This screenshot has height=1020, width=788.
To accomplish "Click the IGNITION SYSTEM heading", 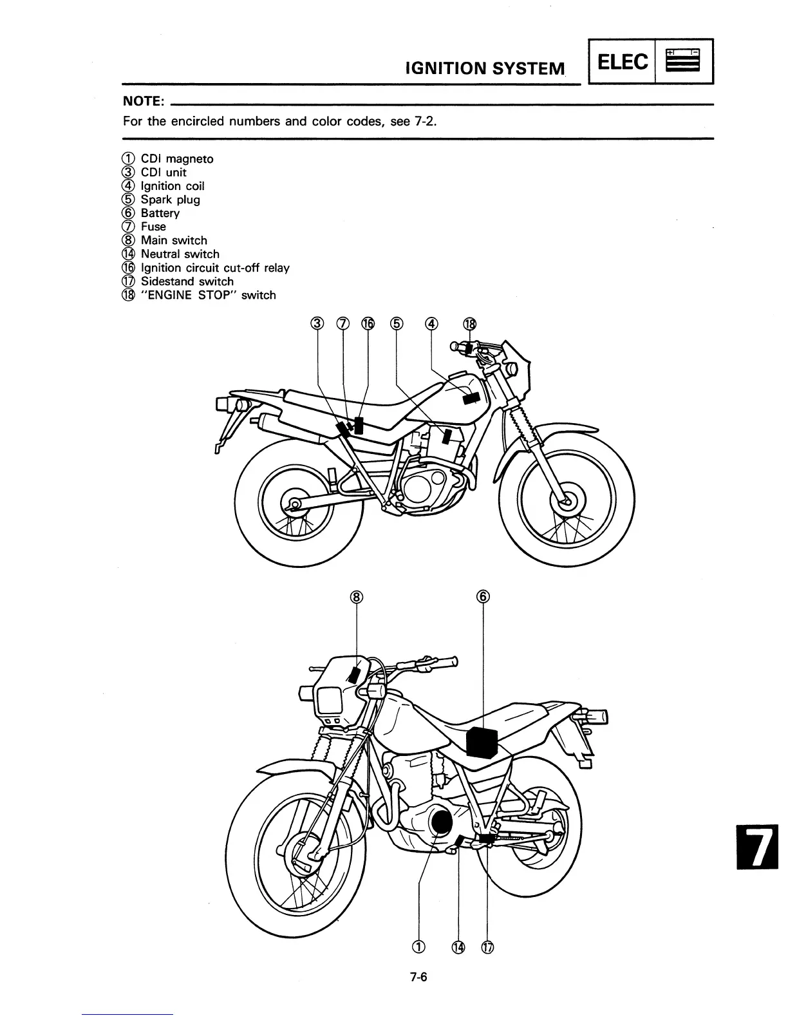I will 485,68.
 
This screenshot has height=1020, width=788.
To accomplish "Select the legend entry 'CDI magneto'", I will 176,159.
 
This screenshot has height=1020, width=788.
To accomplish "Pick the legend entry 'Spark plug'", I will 170,200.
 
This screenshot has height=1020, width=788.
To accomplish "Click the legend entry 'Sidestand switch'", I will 187,281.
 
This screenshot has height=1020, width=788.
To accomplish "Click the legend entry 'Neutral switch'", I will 180,254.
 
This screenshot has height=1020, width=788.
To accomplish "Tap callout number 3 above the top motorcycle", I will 317,324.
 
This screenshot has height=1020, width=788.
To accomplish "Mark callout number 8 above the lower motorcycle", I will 357,596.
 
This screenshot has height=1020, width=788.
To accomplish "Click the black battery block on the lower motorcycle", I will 482,742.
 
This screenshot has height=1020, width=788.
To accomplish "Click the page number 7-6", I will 419,977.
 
